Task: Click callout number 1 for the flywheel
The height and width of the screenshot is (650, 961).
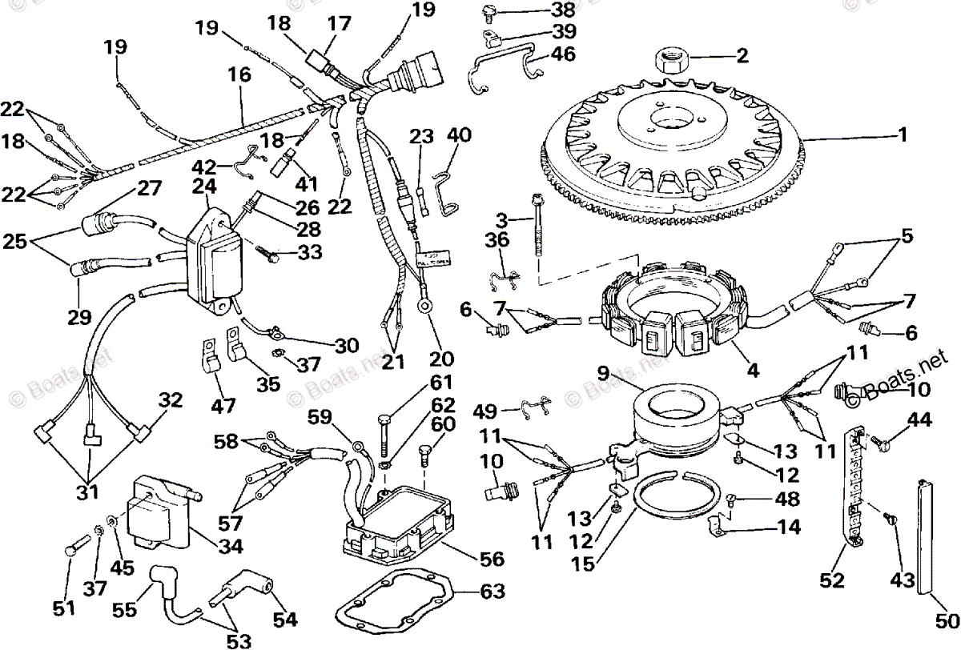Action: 903,135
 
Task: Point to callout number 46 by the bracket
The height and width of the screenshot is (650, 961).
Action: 563,54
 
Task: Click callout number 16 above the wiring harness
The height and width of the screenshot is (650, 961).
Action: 239,76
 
